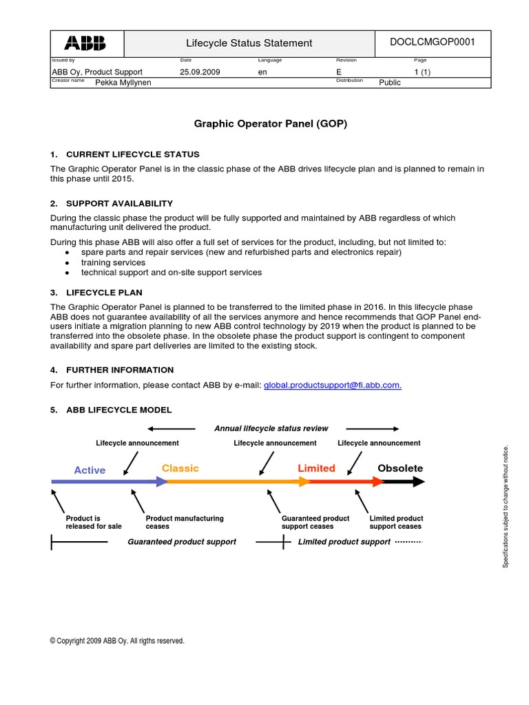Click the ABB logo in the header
(x=85, y=43)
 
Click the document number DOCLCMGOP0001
(x=432, y=42)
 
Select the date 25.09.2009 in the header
(x=200, y=72)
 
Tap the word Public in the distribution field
(x=390, y=83)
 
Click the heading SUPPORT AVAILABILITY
(x=119, y=204)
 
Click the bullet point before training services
(x=66, y=263)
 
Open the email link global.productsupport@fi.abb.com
(x=333, y=386)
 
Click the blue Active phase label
(x=90, y=470)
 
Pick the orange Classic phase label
(x=180, y=468)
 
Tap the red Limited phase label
(x=316, y=468)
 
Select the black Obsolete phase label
(x=400, y=468)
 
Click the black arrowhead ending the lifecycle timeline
(x=418, y=483)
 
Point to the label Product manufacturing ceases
(x=185, y=522)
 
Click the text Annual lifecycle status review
(x=271, y=428)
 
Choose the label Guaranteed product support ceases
(x=315, y=522)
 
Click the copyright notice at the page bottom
(x=117, y=641)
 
